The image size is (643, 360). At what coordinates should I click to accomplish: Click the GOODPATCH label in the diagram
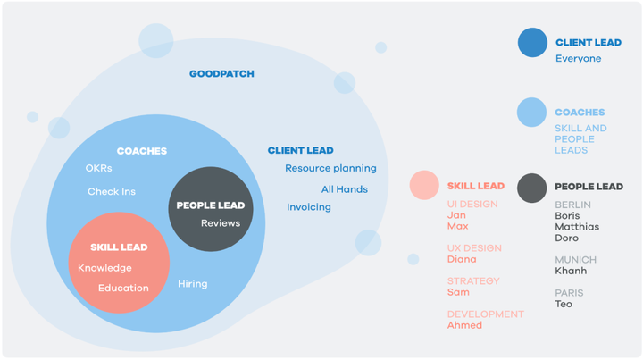click(x=221, y=74)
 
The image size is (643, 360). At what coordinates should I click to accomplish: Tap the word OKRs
click(x=98, y=168)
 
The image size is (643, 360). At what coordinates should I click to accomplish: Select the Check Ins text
click(x=112, y=191)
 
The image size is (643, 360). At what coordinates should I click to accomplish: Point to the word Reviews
click(x=221, y=223)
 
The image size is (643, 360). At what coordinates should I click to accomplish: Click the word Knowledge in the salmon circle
click(x=104, y=268)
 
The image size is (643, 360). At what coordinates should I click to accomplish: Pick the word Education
click(x=123, y=288)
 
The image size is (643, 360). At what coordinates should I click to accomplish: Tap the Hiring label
click(x=193, y=284)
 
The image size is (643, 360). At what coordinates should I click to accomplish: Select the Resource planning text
click(x=330, y=168)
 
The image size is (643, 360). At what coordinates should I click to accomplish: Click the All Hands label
click(x=345, y=189)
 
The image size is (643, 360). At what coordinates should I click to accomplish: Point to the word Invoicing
click(x=309, y=207)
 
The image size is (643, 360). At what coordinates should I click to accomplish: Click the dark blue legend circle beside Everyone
click(x=532, y=43)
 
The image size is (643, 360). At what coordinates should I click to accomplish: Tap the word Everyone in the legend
click(x=578, y=59)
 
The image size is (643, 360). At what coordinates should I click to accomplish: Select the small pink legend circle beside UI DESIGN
click(x=424, y=185)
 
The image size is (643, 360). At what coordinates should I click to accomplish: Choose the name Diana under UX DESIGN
click(x=462, y=259)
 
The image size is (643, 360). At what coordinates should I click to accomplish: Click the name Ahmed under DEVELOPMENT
click(x=464, y=325)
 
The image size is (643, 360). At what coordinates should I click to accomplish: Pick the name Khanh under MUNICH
click(x=571, y=271)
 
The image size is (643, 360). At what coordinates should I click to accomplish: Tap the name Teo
click(x=564, y=305)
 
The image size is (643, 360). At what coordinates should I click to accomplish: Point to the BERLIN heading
click(x=572, y=205)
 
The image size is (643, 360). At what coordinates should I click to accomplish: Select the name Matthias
click(x=577, y=227)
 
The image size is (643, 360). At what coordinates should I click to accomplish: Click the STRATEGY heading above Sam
click(x=473, y=281)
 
